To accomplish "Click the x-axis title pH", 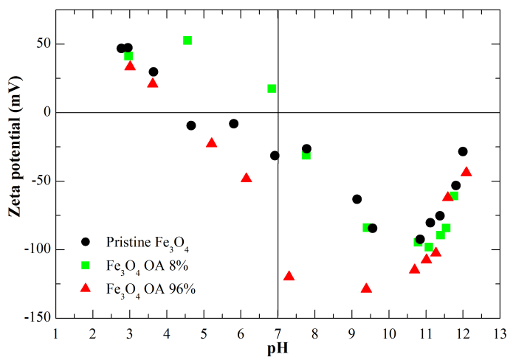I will coord(278,349).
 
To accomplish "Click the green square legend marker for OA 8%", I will coord(86,265).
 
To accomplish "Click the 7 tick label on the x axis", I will coord(278,333).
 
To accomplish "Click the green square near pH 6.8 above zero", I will coord(272,89).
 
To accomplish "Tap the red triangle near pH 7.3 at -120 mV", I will coord(289,276).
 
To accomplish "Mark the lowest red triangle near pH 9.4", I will coord(366,288).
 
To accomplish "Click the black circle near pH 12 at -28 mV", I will coord(463,151).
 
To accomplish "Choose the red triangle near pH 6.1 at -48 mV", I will coord(247,178).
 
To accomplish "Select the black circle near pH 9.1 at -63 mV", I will coord(357,199).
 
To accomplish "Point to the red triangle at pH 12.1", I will coord(466,172).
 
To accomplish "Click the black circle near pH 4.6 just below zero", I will coord(191,125).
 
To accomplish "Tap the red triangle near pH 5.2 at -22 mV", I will coord(212,142).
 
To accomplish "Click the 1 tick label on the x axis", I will coord(55,333).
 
